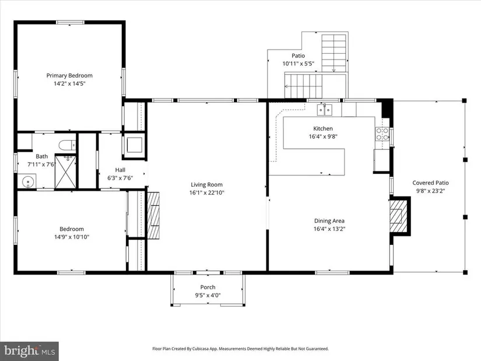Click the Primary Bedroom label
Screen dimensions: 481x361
69,75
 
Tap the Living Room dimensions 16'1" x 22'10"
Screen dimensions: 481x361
207,193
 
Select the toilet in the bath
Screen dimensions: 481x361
67,145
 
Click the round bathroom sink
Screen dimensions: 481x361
28,181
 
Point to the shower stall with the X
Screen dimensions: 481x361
65,172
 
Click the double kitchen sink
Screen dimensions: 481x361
325,110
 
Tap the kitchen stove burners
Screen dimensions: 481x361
382,134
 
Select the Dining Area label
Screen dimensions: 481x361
329,220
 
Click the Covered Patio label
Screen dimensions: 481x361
430,183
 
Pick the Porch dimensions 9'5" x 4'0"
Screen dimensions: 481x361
208,295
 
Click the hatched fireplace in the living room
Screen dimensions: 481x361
154,215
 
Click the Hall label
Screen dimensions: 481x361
120,170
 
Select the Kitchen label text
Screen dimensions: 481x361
323,129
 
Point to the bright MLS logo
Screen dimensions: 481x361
30,351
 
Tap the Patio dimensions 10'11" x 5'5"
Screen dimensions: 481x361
298,64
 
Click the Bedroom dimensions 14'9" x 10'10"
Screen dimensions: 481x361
72,237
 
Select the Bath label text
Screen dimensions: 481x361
42,156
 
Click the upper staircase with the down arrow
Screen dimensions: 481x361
333,53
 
